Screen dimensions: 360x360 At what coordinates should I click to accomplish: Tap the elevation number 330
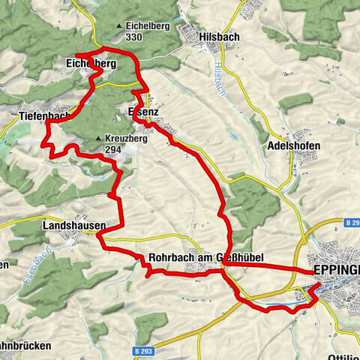[x=135, y=37]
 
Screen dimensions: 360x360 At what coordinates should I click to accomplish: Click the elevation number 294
[x=113, y=149]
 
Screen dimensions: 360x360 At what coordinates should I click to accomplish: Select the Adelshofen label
[x=293, y=145]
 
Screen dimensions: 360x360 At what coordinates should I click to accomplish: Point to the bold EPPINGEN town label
[x=335, y=270]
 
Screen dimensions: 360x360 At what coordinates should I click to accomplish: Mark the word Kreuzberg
[x=125, y=139]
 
